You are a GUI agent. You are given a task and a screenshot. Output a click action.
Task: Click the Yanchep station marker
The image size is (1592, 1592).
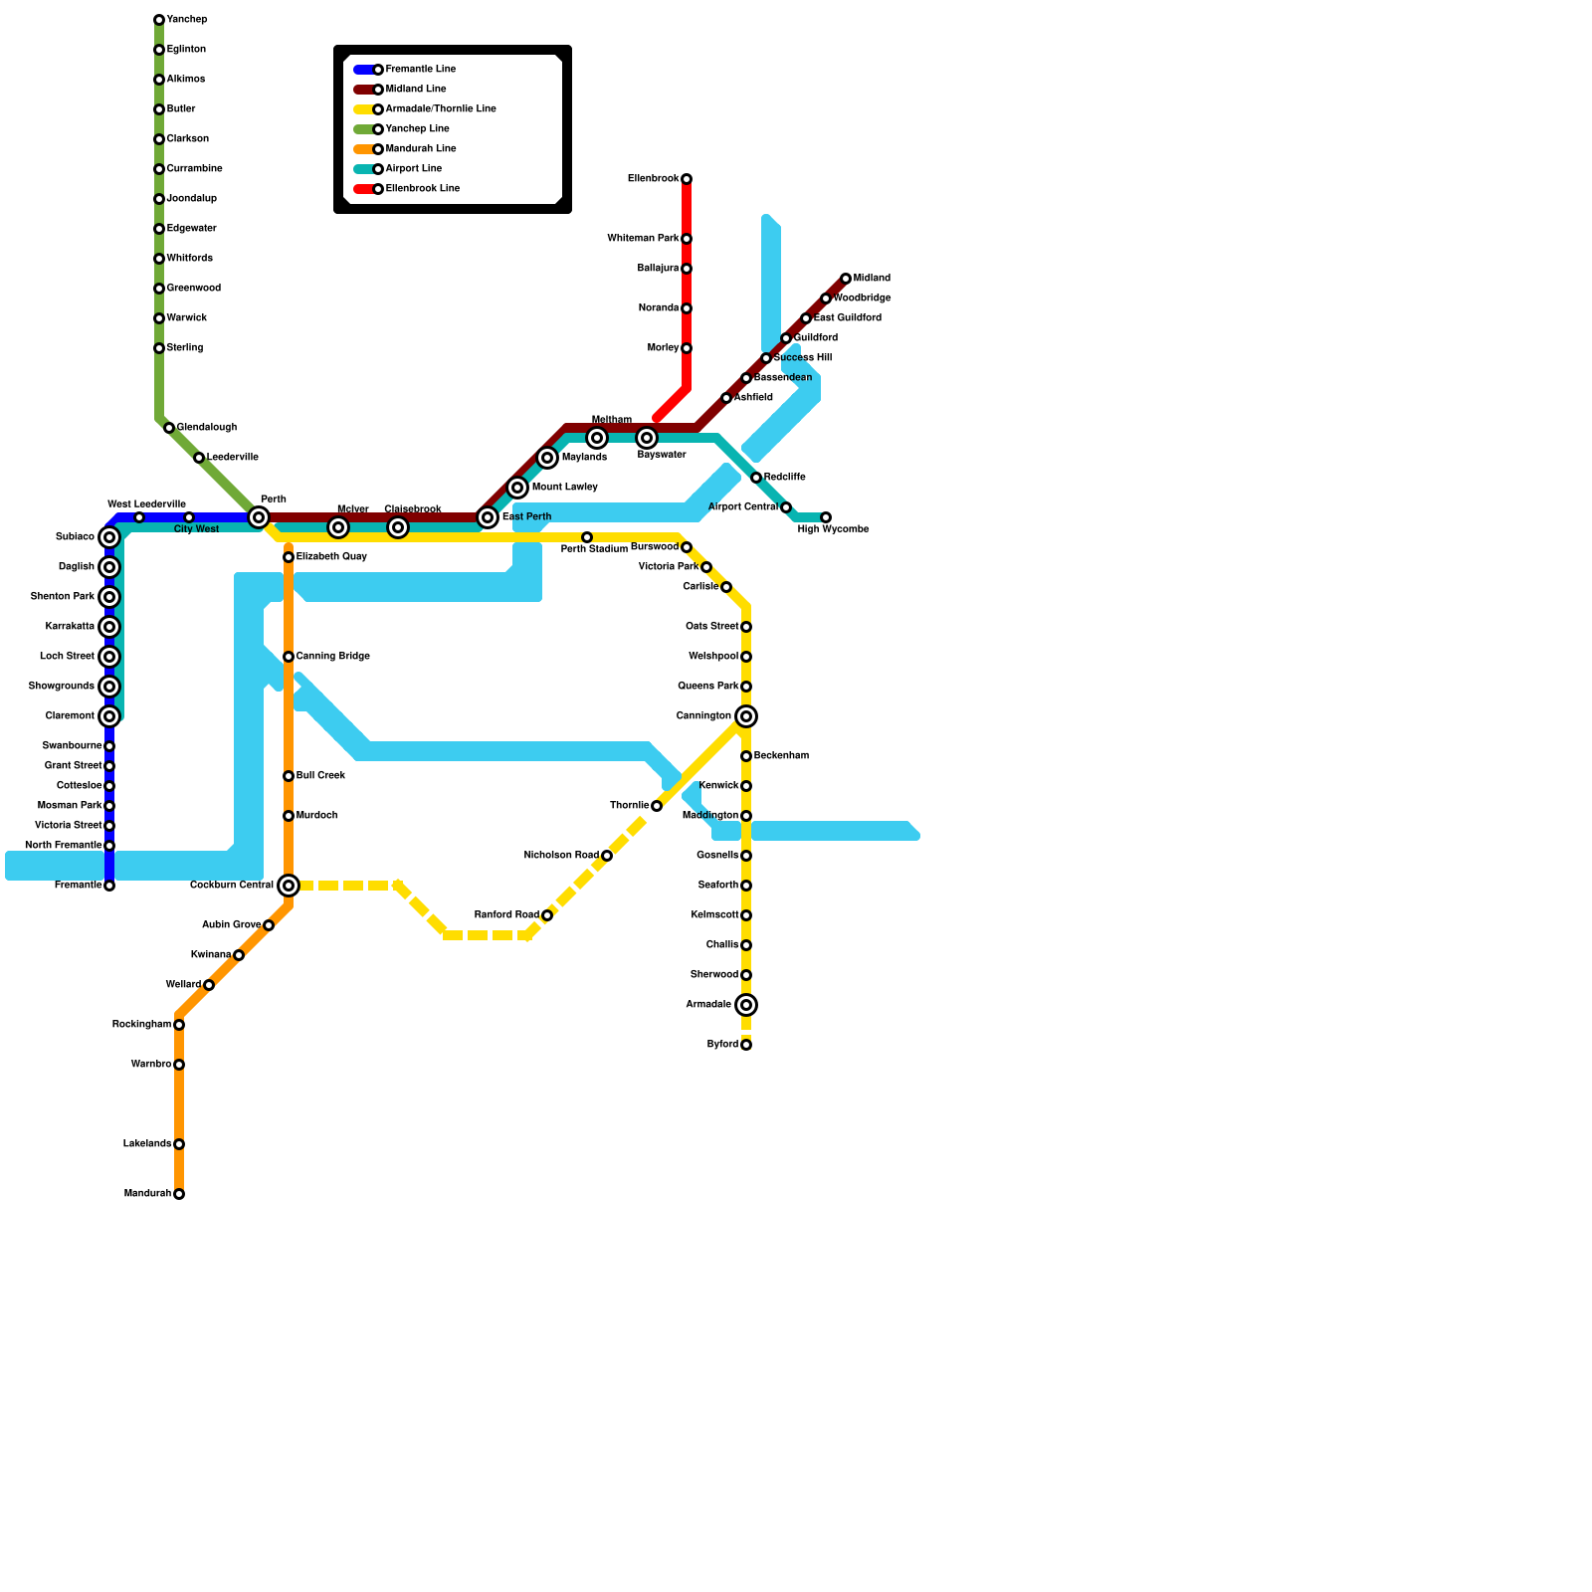159,20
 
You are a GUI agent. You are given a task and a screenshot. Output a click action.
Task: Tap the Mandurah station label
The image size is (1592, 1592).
147,1194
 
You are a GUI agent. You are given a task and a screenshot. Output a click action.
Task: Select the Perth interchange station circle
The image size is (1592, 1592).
259,517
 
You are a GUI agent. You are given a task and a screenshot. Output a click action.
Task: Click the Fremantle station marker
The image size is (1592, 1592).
109,886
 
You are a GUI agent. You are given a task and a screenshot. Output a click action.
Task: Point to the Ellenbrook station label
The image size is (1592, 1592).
653,179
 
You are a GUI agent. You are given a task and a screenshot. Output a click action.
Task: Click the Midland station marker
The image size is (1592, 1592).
846,279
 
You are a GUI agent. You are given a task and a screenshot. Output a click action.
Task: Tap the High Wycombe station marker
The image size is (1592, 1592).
826,517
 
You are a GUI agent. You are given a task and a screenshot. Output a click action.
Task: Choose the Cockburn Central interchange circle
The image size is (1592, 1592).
289,886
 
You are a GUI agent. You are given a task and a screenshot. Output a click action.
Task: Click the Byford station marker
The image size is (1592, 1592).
746,1045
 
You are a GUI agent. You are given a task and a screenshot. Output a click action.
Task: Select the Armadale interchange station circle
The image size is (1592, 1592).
746,1005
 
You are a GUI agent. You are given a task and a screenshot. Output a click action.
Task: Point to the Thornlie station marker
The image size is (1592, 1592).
657,806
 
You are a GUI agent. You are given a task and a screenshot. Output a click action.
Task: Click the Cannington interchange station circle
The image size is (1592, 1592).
746,716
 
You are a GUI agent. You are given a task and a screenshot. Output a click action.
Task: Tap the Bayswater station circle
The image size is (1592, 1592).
647,438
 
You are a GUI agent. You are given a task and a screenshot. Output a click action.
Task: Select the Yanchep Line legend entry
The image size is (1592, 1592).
417,129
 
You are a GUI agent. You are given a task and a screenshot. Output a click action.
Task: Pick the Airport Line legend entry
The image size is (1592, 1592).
413,169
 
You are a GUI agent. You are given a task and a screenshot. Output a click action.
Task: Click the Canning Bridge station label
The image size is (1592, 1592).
332,657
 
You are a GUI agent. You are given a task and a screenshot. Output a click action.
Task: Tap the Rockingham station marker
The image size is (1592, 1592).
179,1025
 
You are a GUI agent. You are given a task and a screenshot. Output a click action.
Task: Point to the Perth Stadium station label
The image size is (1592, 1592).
594,549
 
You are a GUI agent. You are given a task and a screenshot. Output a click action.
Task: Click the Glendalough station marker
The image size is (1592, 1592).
169,428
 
